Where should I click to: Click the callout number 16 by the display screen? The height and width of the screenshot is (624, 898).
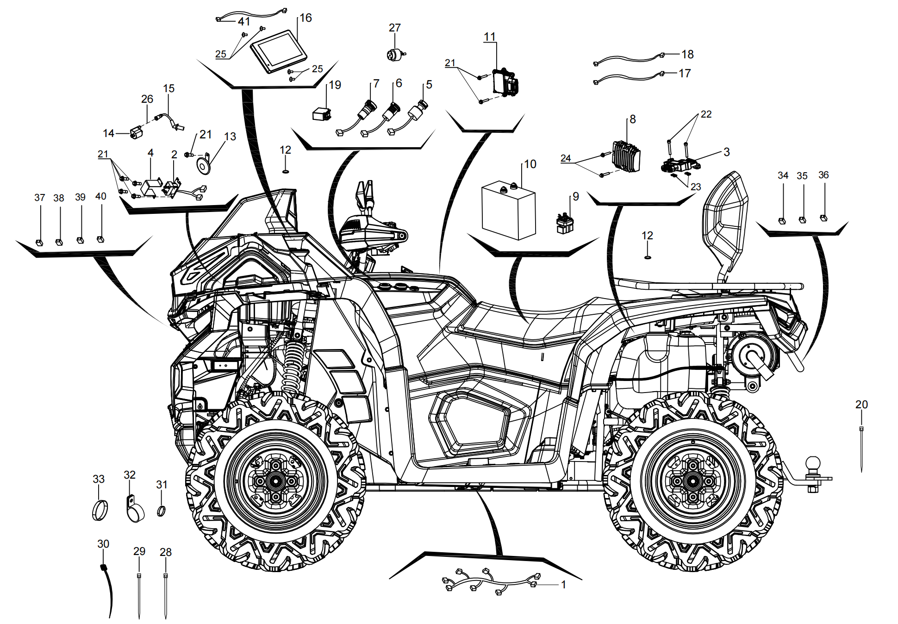(306, 18)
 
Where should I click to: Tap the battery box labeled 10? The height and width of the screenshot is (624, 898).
(509, 211)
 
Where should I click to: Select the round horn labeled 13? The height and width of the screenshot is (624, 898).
(203, 165)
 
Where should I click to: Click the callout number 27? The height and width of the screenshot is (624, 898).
(394, 28)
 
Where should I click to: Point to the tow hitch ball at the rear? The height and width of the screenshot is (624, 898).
(813, 464)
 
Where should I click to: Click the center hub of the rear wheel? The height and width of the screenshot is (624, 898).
(692, 481)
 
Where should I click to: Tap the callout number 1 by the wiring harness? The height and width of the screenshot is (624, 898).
(563, 585)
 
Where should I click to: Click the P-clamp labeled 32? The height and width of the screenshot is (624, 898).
(134, 509)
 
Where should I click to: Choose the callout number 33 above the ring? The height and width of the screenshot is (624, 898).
(99, 479)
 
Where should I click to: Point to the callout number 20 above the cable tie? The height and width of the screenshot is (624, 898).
(861, 405)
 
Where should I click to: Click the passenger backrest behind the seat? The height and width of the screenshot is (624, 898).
(725, 222)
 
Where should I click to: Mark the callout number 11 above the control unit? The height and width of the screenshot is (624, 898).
(490, 37)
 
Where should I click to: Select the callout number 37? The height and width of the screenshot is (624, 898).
(40, 198)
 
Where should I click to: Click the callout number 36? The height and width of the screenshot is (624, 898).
(823, 175)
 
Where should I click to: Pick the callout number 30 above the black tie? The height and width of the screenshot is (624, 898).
(103, 544)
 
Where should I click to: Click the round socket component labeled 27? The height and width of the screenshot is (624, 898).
(395, 54)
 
